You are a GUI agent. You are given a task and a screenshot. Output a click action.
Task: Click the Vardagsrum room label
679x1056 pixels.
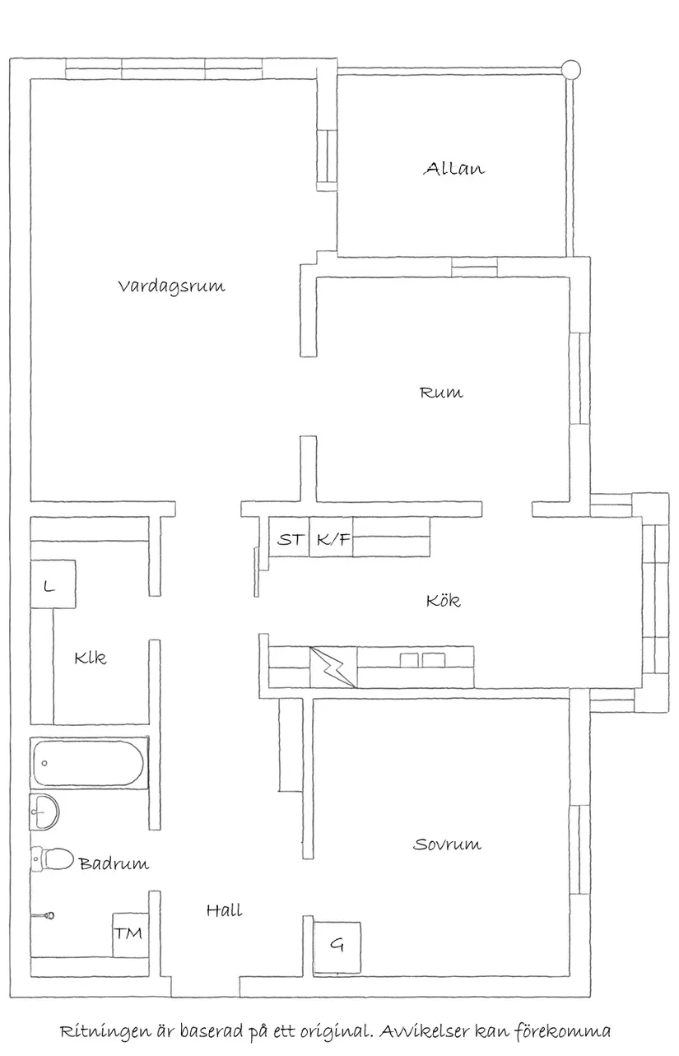point(171,286)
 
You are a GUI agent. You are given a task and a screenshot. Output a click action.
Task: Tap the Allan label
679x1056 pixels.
point(453,169)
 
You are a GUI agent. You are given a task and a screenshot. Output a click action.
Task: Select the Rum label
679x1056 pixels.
point(441,393)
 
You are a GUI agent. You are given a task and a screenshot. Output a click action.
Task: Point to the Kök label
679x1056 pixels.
point(443,601)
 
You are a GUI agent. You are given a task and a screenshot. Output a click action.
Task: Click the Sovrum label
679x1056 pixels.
point(447,844)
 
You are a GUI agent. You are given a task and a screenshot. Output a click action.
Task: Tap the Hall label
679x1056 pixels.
point(224,910)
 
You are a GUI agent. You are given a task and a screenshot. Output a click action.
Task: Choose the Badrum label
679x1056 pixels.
point(114,863)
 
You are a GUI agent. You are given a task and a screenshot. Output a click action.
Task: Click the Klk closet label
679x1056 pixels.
point(90,658)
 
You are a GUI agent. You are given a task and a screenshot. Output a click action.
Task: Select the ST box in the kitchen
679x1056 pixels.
point(289,540)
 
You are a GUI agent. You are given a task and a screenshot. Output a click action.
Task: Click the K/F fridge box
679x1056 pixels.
point(333,540)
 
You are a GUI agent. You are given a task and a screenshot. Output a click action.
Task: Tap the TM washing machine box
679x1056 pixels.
point(128,933)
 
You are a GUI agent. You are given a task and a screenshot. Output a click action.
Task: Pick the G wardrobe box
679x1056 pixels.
point(337,944)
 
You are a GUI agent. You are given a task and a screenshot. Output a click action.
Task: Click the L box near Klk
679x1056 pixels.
point(49,586)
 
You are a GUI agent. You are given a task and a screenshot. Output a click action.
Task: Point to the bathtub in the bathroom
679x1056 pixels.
point(88,764)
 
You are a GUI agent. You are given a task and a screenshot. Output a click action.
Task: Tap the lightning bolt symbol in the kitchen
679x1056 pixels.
point(333,667)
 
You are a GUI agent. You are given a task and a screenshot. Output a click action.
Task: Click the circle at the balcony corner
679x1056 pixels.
point(570,69)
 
